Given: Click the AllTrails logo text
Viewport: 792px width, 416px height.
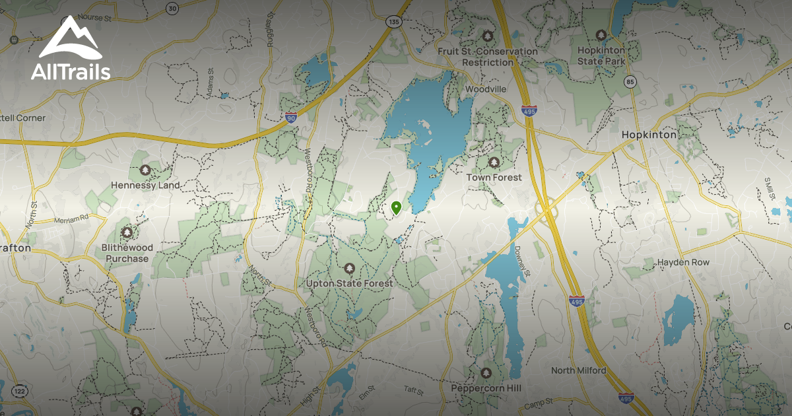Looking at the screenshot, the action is point(71,71).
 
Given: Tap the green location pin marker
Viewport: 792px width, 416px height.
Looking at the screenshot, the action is point(396,209).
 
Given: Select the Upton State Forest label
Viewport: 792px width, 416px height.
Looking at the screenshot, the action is point(350,283).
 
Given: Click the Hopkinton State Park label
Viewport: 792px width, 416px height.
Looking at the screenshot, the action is point(601,55).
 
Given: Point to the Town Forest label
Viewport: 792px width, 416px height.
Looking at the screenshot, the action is point(494,177).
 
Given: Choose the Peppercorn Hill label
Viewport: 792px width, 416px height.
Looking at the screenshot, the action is point(486,388).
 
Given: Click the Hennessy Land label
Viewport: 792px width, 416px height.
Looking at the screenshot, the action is point(145,185).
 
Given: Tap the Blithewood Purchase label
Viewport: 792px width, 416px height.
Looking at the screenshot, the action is point(127,253).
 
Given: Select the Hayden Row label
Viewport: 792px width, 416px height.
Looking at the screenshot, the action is point(683,262).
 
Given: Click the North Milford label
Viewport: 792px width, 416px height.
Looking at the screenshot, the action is point(578,370).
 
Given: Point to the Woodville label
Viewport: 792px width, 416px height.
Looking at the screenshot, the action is point(485,88).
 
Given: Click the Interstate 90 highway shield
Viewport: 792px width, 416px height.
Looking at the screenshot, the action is point(291,118).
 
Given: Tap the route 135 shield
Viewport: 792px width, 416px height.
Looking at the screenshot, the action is point(394,22).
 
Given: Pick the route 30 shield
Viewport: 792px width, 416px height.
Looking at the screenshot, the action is point(172,9).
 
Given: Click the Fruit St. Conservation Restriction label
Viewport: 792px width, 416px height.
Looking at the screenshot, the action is point(488,57).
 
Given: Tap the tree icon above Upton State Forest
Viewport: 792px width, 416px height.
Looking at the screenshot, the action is point(350,269).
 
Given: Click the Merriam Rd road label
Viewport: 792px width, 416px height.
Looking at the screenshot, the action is point(71,219).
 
